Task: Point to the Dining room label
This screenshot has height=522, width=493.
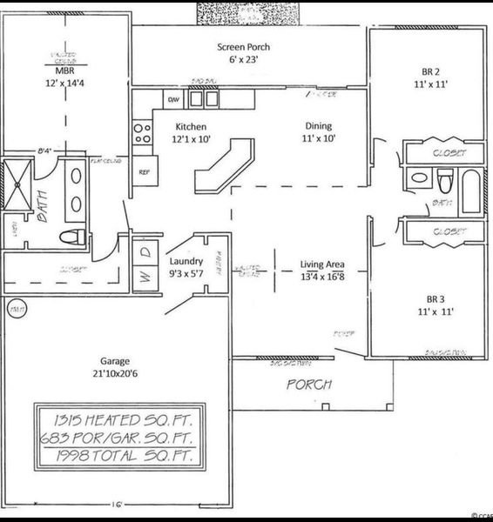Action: (318, 126)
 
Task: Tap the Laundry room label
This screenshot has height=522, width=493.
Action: (186, 260)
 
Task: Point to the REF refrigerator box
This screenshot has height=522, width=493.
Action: (144, 171)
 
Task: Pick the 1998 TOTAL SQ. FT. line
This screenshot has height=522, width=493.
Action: (119, 455)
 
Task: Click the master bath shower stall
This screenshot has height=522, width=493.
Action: (16, 184)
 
